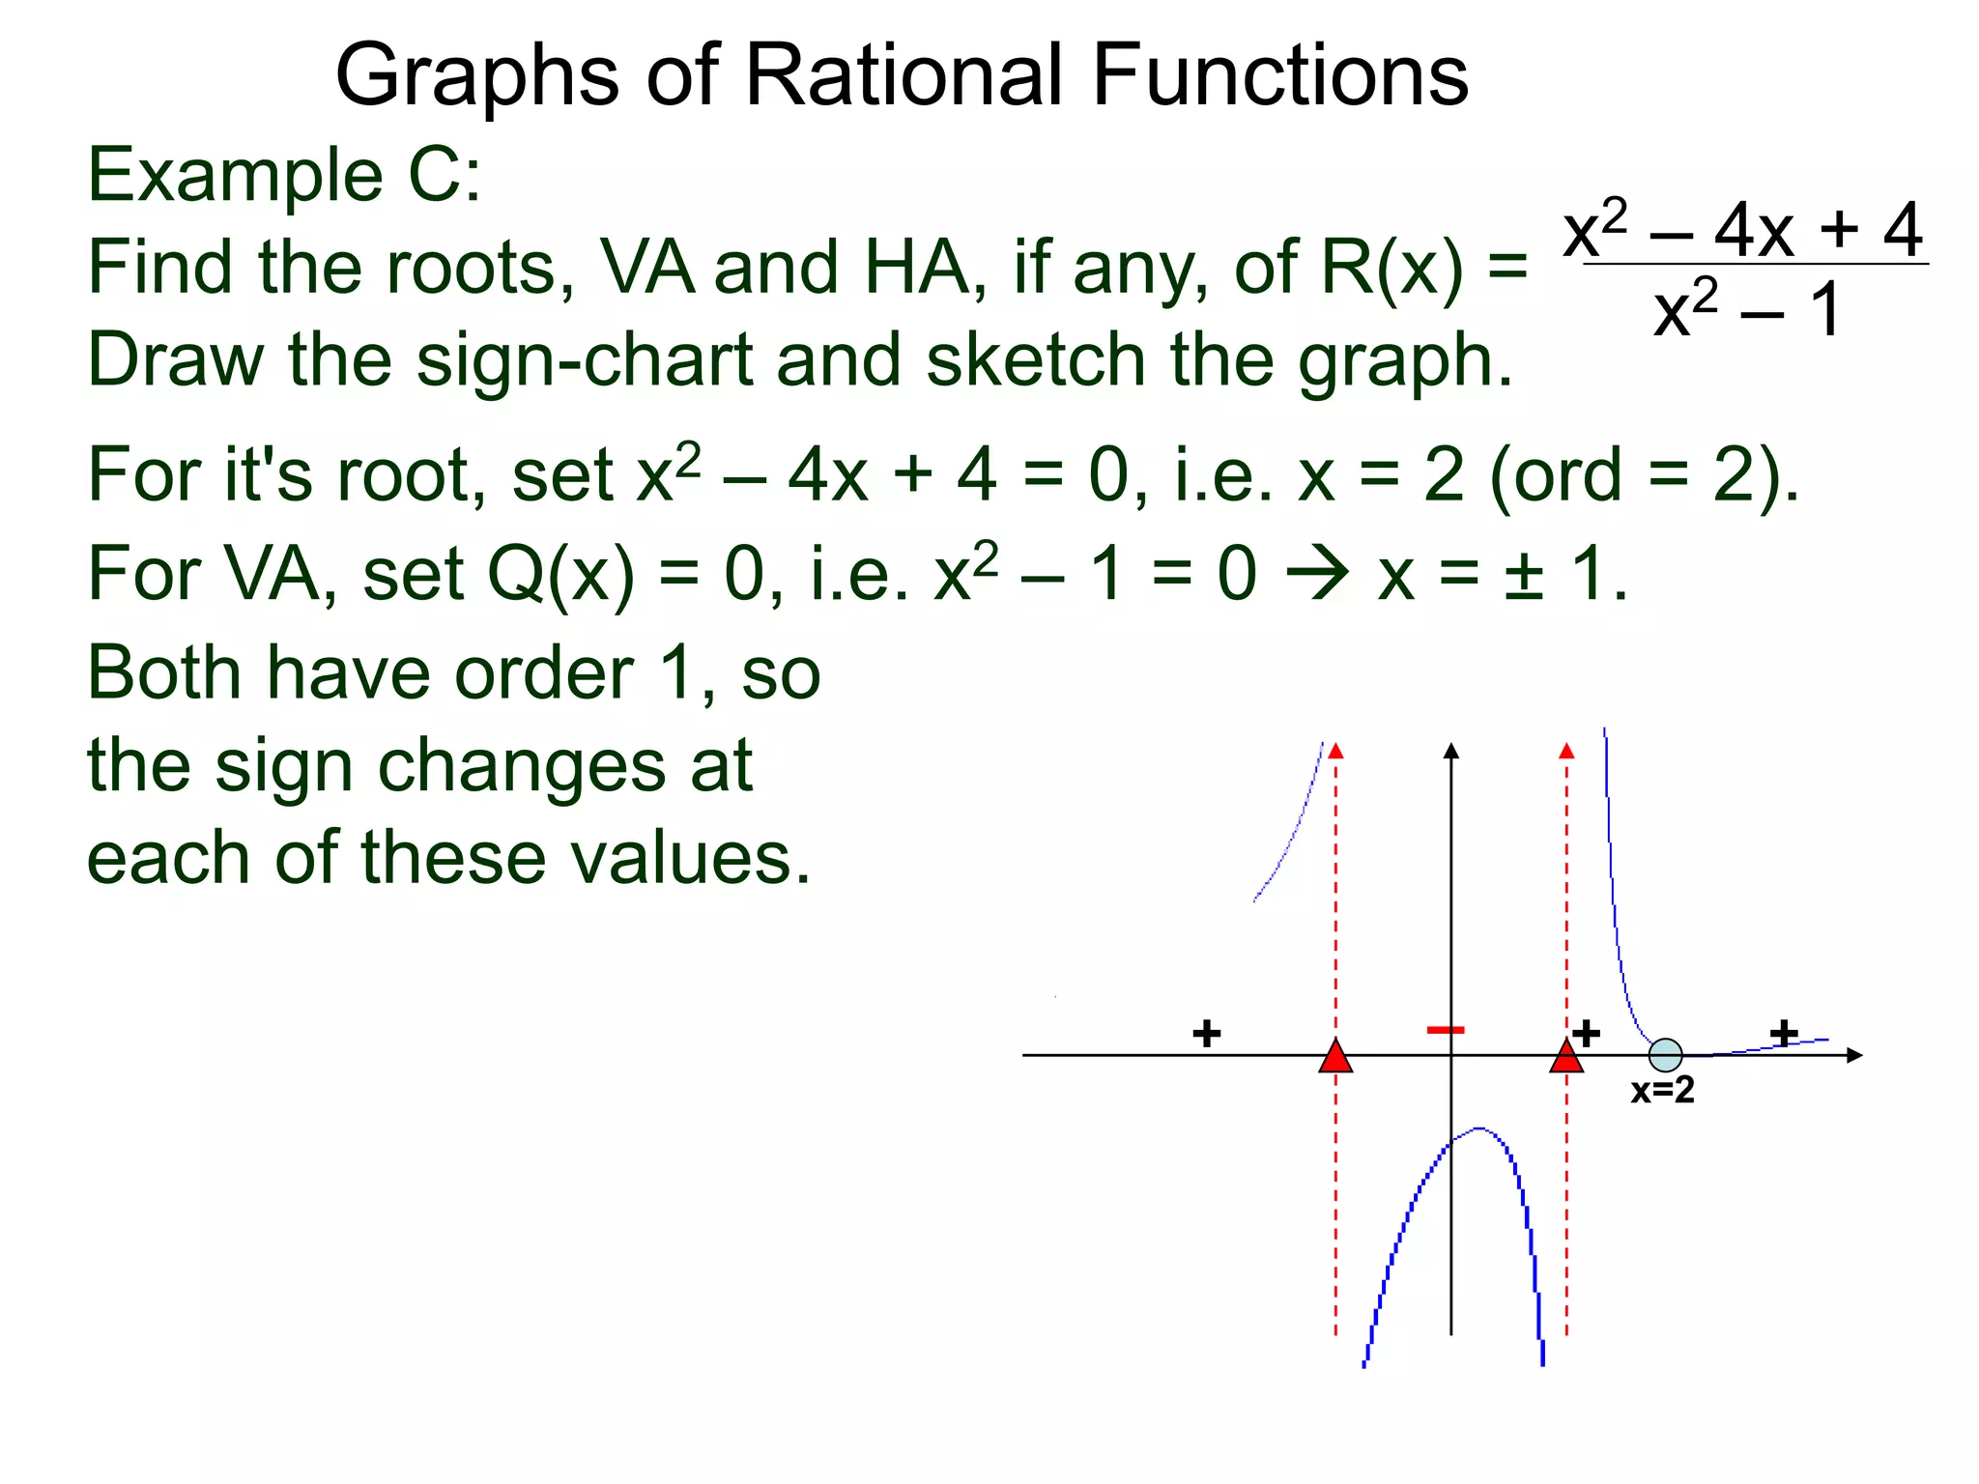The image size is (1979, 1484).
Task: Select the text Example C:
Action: (284, 176)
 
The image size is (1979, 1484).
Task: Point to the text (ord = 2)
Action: (1644, 475)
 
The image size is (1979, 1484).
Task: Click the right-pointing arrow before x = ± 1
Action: (1317, 574)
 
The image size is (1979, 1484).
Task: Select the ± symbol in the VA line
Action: (1523, 576)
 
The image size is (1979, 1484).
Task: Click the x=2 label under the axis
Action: (1662, 1091)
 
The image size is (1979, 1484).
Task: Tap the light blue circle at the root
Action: (1665, 1055)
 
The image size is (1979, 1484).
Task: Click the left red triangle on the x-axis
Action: (1335, 1057)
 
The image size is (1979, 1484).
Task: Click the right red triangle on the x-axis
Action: (1566, 1057)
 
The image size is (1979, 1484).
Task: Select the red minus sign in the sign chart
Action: (1446, 1030)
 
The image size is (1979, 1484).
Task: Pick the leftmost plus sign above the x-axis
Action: (1206, 1034)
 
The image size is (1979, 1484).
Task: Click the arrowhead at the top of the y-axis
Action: (1450, 751)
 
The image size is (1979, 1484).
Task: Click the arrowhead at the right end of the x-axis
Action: (1853, 1055)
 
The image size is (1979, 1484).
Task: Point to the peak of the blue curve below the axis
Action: (1478, 1128)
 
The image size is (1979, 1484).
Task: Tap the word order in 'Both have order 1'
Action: (544, 673)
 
